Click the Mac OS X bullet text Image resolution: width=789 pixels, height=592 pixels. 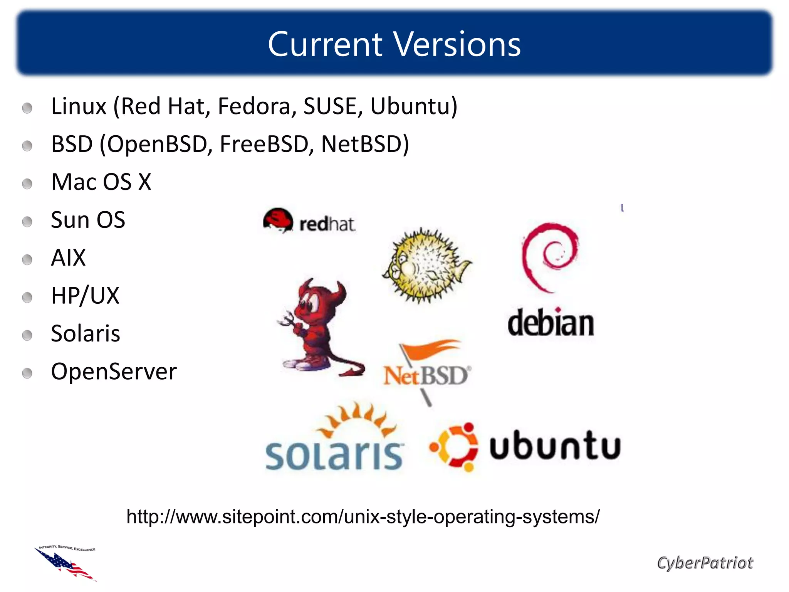(101, 182)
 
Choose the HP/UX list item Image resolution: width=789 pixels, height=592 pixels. (85, 296)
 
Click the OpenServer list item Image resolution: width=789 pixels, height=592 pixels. (114, 372)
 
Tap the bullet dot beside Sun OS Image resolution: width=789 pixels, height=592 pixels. (27, 222)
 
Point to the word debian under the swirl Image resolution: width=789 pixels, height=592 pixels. (551, 323)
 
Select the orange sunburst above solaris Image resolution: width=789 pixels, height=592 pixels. (356, 420)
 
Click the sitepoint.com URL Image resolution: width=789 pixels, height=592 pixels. (363, 516)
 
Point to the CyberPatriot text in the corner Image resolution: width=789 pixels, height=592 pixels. (705, 563)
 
